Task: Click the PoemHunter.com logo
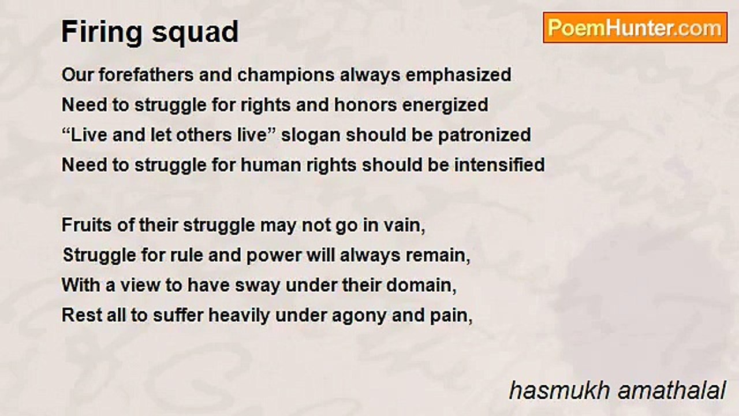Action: coord(635,28)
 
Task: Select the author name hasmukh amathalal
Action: coord(618,391)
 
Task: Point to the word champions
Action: coord(286,75)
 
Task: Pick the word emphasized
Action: coord(458,75)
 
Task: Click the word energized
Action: coord(445,106)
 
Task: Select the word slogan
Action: coord(311,136)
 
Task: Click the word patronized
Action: coord(484,136)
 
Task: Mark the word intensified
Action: coord(499,165)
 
